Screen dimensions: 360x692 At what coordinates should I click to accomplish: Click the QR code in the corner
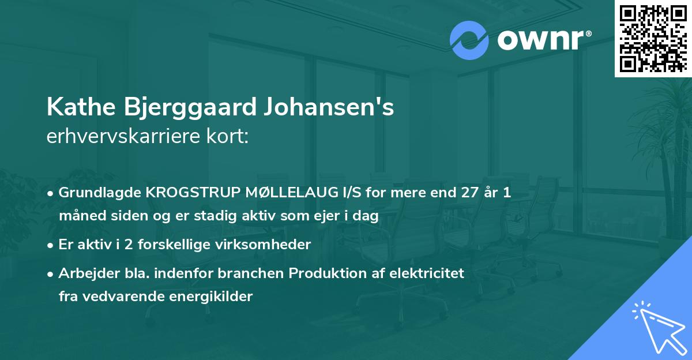pos(653,39)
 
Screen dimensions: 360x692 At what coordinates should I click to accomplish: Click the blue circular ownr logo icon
pos(469,40)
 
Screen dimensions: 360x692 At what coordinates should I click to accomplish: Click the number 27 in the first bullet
pos(465,193)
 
